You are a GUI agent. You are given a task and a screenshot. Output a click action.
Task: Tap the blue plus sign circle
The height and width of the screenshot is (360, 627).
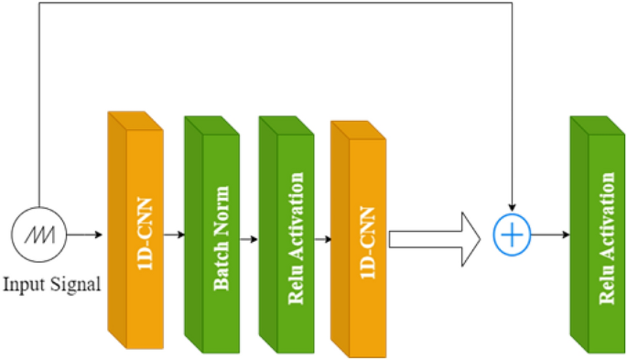point(513,235)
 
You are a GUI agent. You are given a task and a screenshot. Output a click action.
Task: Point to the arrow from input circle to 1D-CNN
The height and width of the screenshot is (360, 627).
point(85,235)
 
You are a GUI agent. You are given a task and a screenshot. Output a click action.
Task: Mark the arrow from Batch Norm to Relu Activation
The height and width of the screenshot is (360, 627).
point(249,235)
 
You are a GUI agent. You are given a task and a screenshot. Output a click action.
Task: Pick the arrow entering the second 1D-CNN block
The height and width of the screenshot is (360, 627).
point(322,235)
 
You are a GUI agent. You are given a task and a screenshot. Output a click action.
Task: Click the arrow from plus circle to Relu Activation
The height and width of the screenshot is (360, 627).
point(549,235)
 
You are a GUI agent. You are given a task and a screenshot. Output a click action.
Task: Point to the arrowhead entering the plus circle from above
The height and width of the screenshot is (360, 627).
point(513,209)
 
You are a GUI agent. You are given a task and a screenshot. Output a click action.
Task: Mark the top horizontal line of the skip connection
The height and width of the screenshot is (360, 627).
point(275,4)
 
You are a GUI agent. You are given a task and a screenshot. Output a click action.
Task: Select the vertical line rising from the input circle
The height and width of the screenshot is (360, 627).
point(39,110)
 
